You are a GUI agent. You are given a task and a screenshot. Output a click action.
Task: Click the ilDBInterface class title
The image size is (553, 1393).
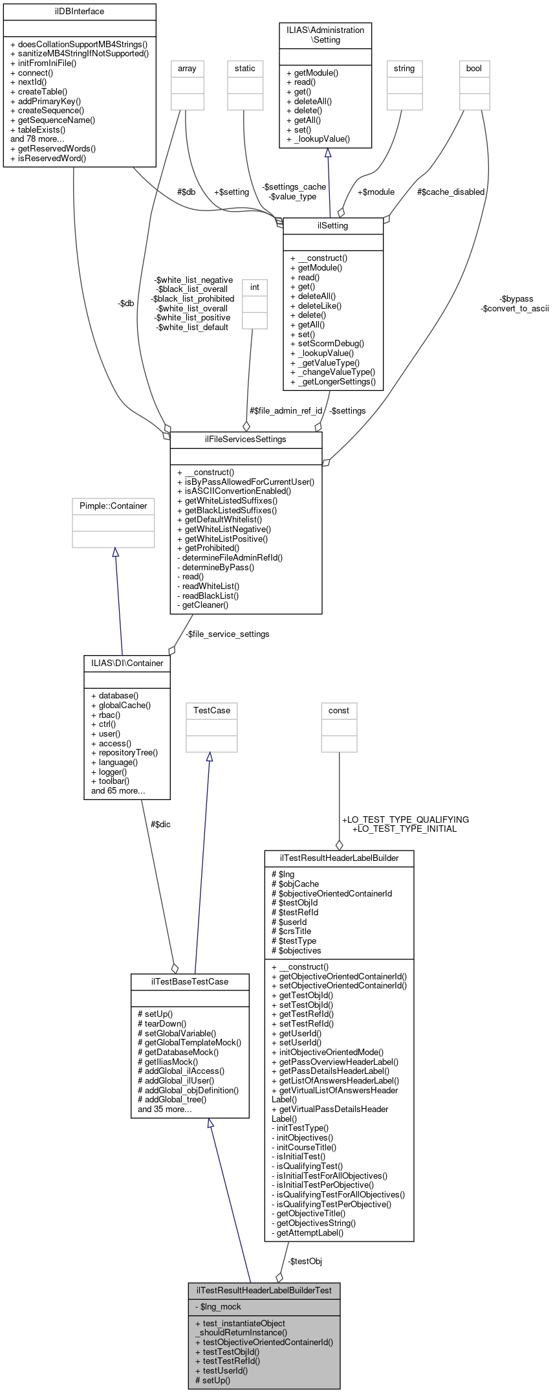pyautogui.click(x=80, y=12)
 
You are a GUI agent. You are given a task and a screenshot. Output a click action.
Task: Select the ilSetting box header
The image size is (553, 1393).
pyautogui.click(x=333, y=226)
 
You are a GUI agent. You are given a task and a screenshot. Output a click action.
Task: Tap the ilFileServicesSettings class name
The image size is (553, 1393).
pyautogui.click(x=246, y=440)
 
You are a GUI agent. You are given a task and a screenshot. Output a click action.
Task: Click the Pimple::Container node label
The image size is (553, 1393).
pyautogui.click(x=113, y=506)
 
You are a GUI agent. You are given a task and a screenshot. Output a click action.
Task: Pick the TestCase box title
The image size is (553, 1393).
pyautogui.click(x=211, y=711)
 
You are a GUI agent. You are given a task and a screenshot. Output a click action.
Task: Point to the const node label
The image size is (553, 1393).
pyautogui.click(x=339, y=711)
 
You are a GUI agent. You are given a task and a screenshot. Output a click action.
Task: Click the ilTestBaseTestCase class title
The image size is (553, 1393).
pyautogui.click(x=190, y=982)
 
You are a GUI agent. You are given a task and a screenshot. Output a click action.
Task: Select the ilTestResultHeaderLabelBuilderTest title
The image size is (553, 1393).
pyautogui.click(x=264, y=1290)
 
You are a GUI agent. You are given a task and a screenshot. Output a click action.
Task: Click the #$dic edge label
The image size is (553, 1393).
pyautogui.click(x=160, y=825)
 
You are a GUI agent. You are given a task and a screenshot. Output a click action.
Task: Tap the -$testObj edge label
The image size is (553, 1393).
pyautogui.click(x=305, y=1262)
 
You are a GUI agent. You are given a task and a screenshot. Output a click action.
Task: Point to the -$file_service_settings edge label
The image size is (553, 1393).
pyautogui.click(x=227, y=634)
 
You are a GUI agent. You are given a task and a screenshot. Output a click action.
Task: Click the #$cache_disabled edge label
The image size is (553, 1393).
pyautogui.click(x=451, y=192)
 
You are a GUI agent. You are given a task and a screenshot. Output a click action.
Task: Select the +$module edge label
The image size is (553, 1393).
pyautogui.click(x=376, y=192)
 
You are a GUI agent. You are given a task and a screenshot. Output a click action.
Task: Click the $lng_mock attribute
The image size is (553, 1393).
pyautogui.click(x=221, y=1307)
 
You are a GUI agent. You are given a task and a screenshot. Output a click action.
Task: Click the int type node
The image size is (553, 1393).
pyautogui.click(x=255, y=287)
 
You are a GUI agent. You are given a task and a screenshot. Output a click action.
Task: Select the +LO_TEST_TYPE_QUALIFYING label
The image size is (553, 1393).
pyautogui.click(x=406, y=819)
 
